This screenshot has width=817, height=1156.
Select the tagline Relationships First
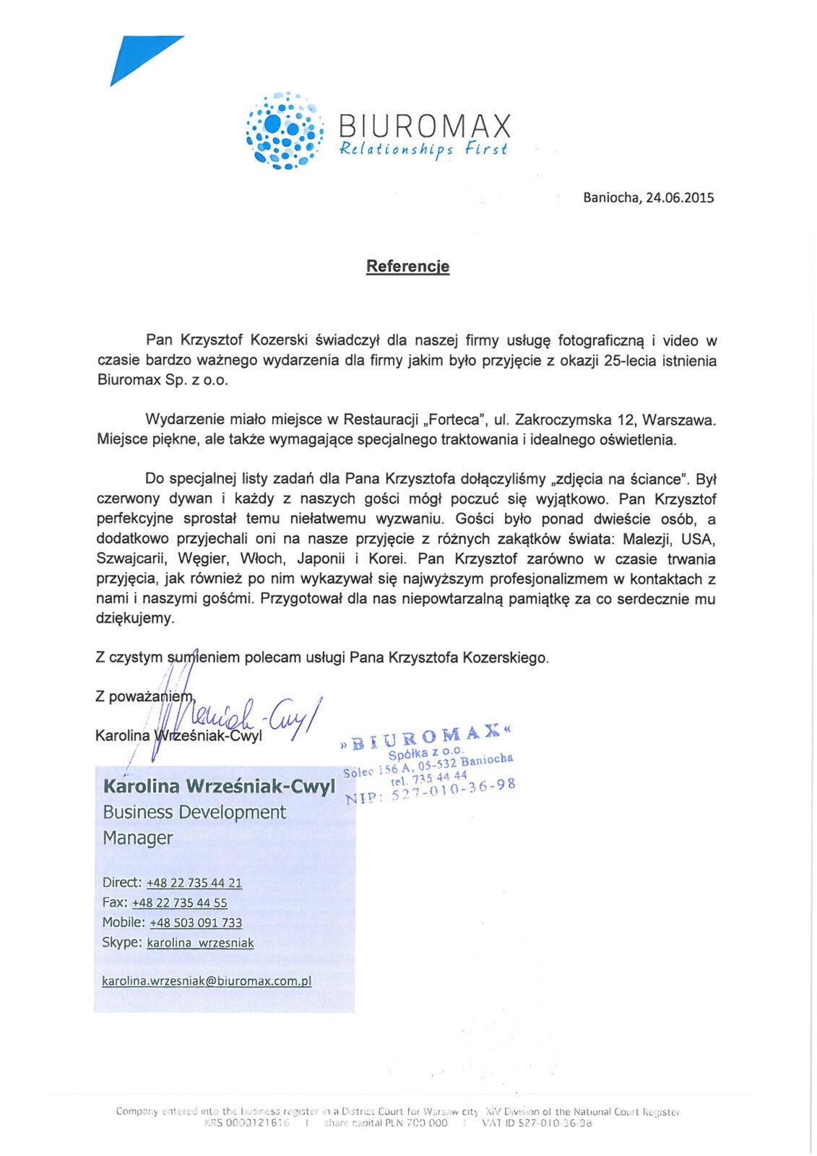pyautogui.click(x=419, y=150)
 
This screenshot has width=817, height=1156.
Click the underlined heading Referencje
pyautogui.click(x=407, y=267)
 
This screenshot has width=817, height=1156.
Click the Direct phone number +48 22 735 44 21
pyautogui.click(x=194, y=883)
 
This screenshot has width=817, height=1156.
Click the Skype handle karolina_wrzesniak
pyautogui.click(x=200, y=943)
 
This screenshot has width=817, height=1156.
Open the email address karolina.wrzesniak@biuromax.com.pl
pyautogui.click(x=207, y=981)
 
